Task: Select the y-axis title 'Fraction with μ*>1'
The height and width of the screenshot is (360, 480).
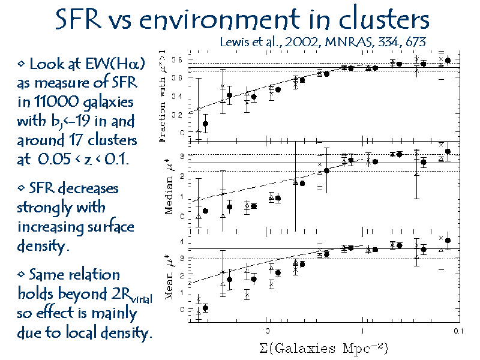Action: (163, 96)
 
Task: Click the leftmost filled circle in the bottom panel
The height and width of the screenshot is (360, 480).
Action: (206, 308)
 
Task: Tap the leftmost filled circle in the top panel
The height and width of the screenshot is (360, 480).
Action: (206, 124)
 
